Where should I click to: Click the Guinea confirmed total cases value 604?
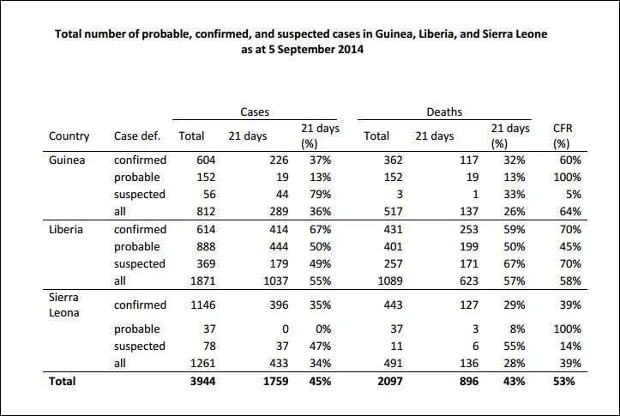pyautogui.click(x=206, y=160)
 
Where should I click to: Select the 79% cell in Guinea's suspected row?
pyautogui.click(x=320, y=195)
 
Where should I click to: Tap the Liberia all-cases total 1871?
pyautogui.click(x=203, y=281)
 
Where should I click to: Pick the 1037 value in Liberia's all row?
pyautogui.click(x=276, y=281)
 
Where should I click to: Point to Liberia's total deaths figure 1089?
pyautogui.click(x=390, y=281)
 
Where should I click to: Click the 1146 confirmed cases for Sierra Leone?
pyautogui.click(x=203, y=305)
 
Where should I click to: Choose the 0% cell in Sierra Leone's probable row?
pyautogui.click(x=323, y=329)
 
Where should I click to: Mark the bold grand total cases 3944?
pyautogui.click(x=203, y=382)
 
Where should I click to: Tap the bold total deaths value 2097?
pyautogui.click(x=390, y=382)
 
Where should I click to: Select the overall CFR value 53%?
pyautogui.click(x=564, y=382)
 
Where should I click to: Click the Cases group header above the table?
pyautogui.click(x=255, y=112)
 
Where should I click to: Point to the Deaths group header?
pyautogui.click(x=444, y=112)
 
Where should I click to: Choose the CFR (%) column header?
pyautogui.click(x=563, y=136)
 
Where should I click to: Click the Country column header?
pyautogui.click(x=69, y=136)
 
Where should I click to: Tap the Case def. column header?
pyautogui.click(x=137, y=136)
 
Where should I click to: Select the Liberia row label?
pyautogui.click(x=66, y=230)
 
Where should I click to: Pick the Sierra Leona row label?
pyautogui.click(x=63, y=304)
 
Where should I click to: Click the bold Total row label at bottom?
pyautogui.click(x=62, y=382)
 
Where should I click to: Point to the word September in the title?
pyautogui.click(x=300, y=50)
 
